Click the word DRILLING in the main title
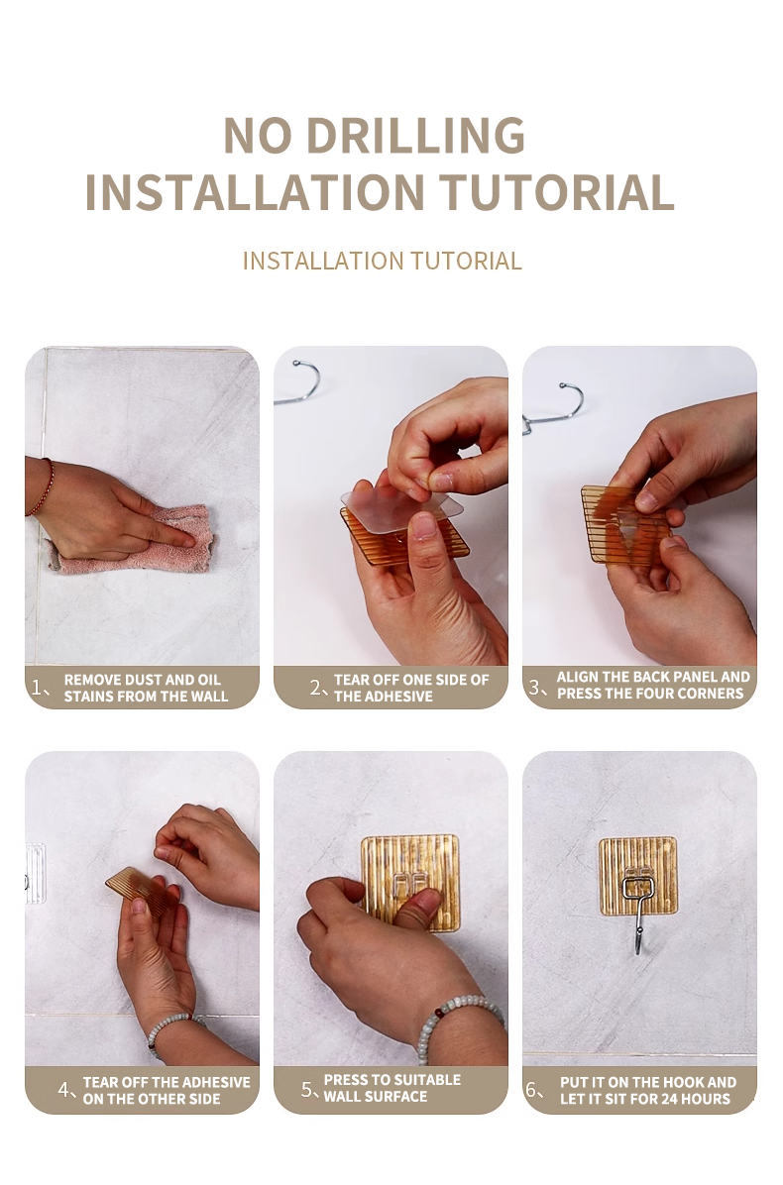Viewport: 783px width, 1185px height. click(x=415, y=136)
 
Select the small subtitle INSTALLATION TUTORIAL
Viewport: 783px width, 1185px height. click(x=383, y=261)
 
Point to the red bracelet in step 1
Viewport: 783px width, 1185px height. click(x=43, y=488)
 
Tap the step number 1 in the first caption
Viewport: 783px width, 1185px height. click(x=36, y=688)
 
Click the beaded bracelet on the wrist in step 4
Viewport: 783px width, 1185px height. click(x=172, y=1026)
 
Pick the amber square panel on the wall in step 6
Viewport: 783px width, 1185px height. click(x=638, y=876)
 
